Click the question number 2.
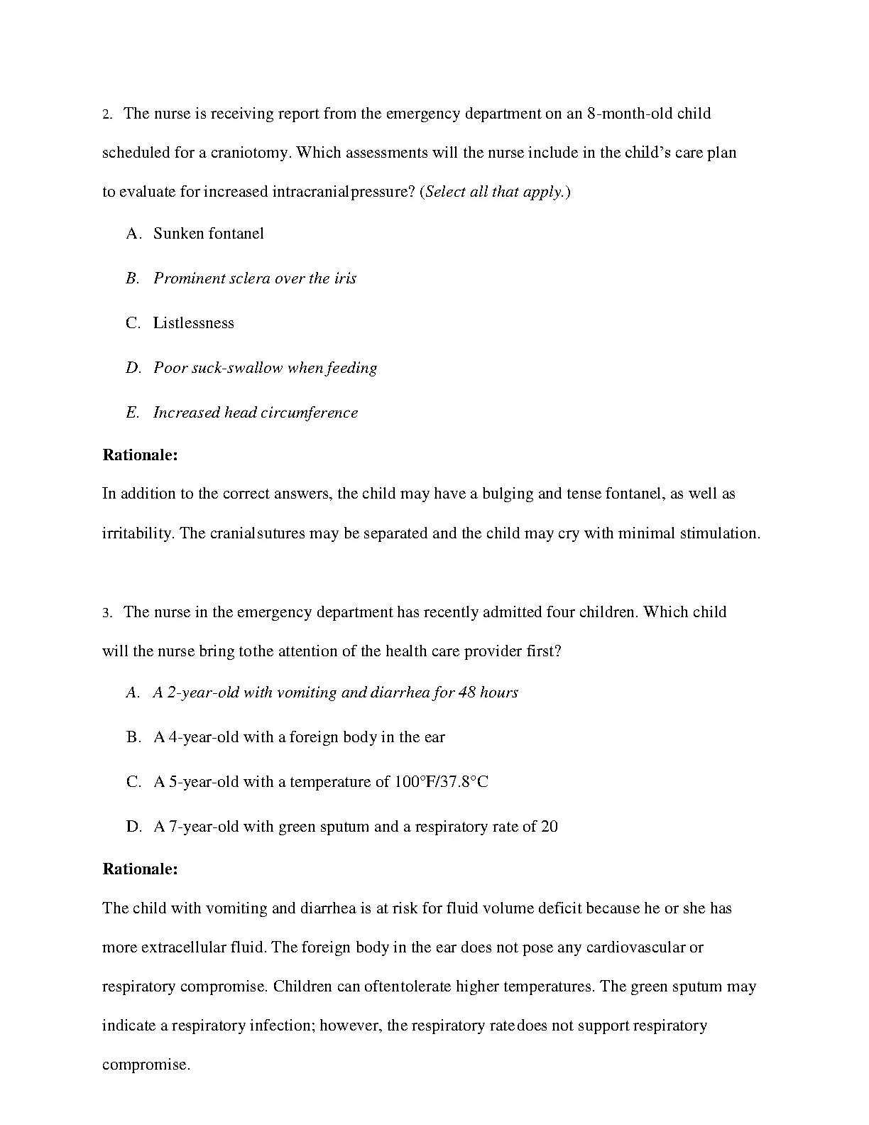tap(107, 115)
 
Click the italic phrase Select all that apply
tap(495, 192)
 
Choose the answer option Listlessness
tap(193, 323)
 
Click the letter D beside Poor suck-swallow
tap(133, 368)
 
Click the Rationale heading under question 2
tap(140, 455)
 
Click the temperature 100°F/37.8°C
tap(440, 782)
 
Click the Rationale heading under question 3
tap(140, 869)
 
